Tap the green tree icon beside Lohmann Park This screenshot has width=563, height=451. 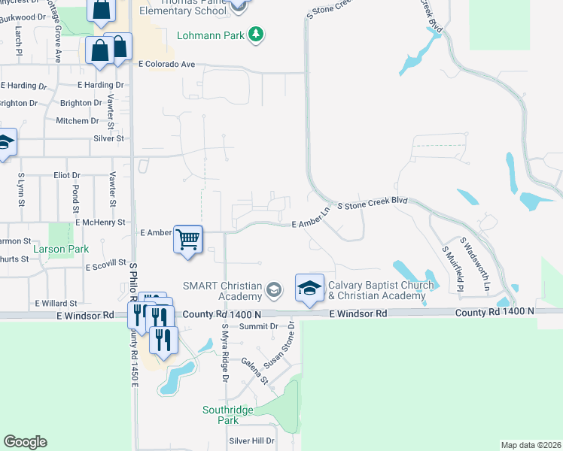tap(257, 35)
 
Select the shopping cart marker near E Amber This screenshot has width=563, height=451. tap(188, 239)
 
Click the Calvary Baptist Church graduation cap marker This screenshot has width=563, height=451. tap(309, 288)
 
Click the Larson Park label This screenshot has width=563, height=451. tap(60, 249)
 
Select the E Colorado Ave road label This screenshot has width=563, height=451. tap(166, 65)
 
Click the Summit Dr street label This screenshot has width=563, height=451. tap(259, 326)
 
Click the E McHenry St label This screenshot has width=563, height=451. tap(100, 222)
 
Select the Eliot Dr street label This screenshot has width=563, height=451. tap(66, 175)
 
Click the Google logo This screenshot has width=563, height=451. tap(25, 442)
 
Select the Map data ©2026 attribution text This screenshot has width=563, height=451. tap(531, 445)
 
